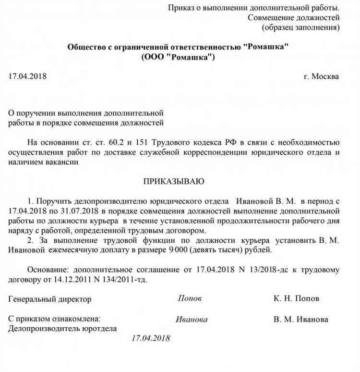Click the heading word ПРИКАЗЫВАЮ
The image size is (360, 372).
click(174, 181)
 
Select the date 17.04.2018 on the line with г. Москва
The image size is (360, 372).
click(28, 76)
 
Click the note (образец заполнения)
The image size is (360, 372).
click(300, 27)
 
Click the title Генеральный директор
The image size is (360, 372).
click(50, 299)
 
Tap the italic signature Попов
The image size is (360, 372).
click(190, 298)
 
